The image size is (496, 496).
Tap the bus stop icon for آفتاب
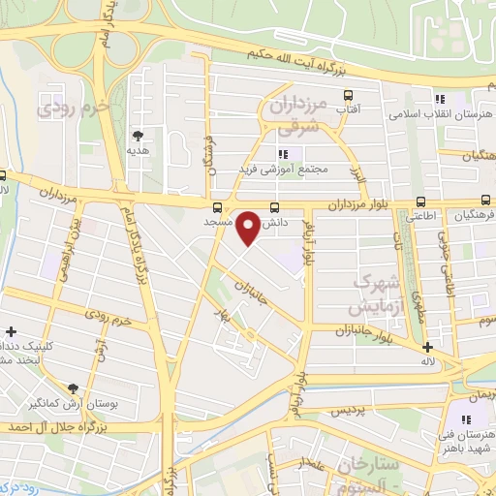point(347,95)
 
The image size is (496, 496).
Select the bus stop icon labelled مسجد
point(216,206)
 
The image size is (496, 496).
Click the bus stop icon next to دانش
point(275,207)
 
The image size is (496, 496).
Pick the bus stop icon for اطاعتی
point(419,201)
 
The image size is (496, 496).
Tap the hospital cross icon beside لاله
point(427,347)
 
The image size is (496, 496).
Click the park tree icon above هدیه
point(137,136)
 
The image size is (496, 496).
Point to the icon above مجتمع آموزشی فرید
point(283,153)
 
